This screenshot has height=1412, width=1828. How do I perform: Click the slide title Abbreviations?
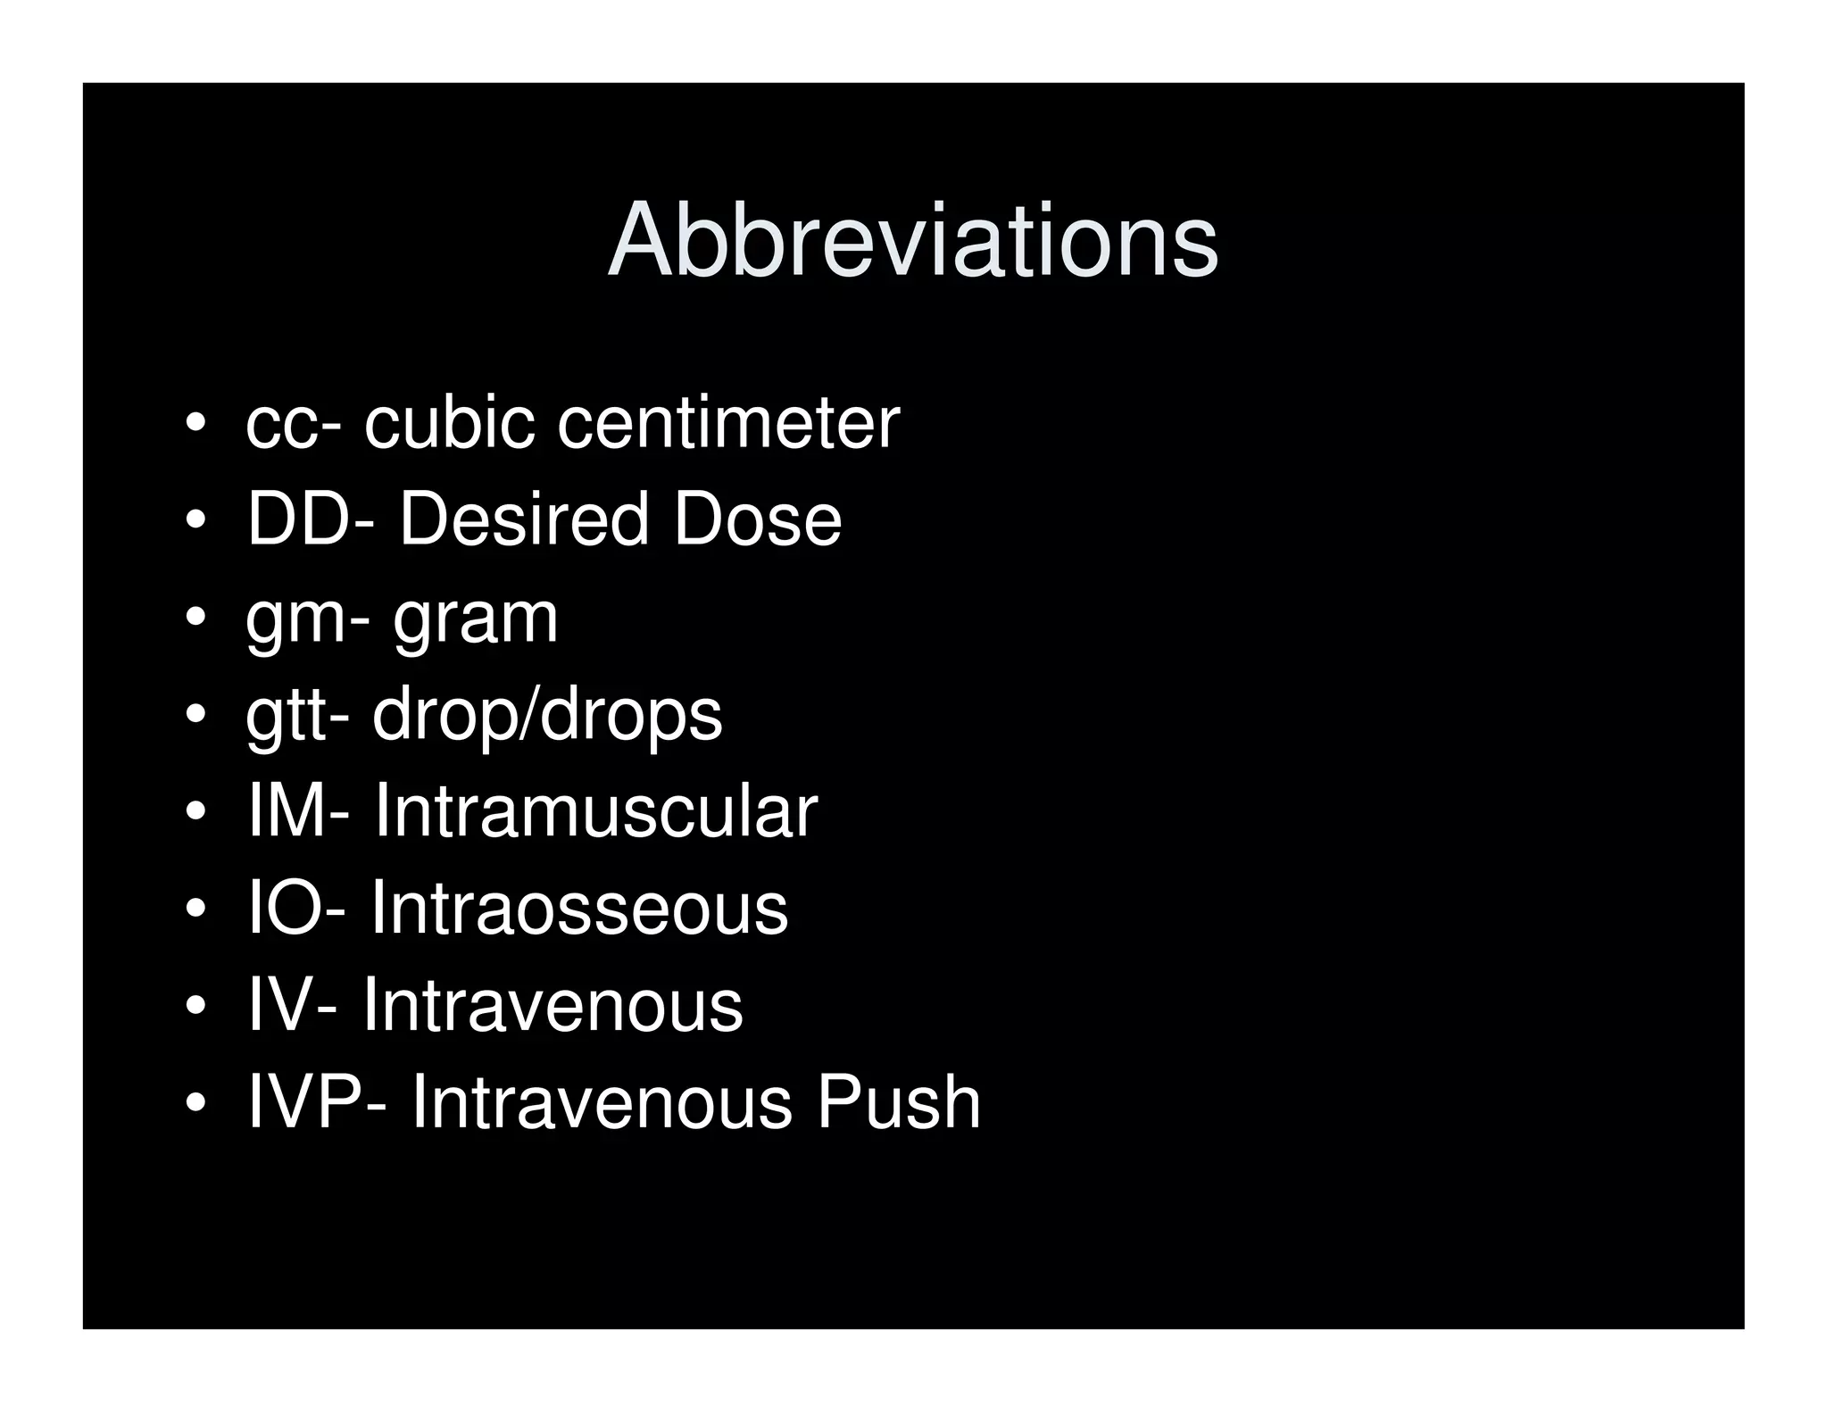912,240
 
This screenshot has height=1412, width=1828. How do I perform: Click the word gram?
475,619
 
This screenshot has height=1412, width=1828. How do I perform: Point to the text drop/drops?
546,717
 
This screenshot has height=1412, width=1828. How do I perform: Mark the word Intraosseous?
578,908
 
